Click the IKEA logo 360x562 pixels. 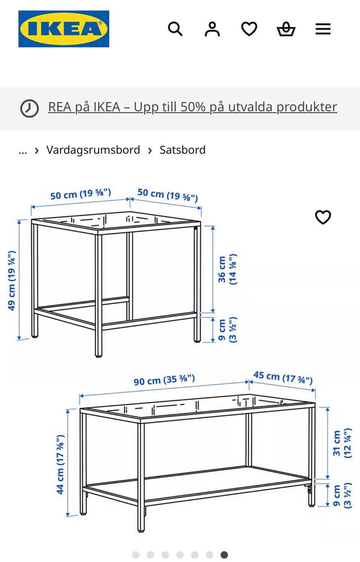[x=64, y=29]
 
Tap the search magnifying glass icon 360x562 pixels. [x=175, y=29]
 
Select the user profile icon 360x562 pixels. [x=212, y=29]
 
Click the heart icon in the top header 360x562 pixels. [x=249, y=29]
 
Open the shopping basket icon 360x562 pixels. [x=286, y=29]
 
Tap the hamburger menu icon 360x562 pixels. [x=323, y=29]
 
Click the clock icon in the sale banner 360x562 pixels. [x=29, y=108]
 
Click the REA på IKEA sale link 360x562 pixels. [x=192, y=107]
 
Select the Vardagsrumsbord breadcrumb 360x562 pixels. [x=93, y=150]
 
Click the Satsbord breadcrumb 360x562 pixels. [x=183, y=150]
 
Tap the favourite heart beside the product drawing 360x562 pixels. [x=323, y=217]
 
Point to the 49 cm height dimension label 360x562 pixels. [x=12, y=280]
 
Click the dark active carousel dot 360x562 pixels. [x=224, y=555]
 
